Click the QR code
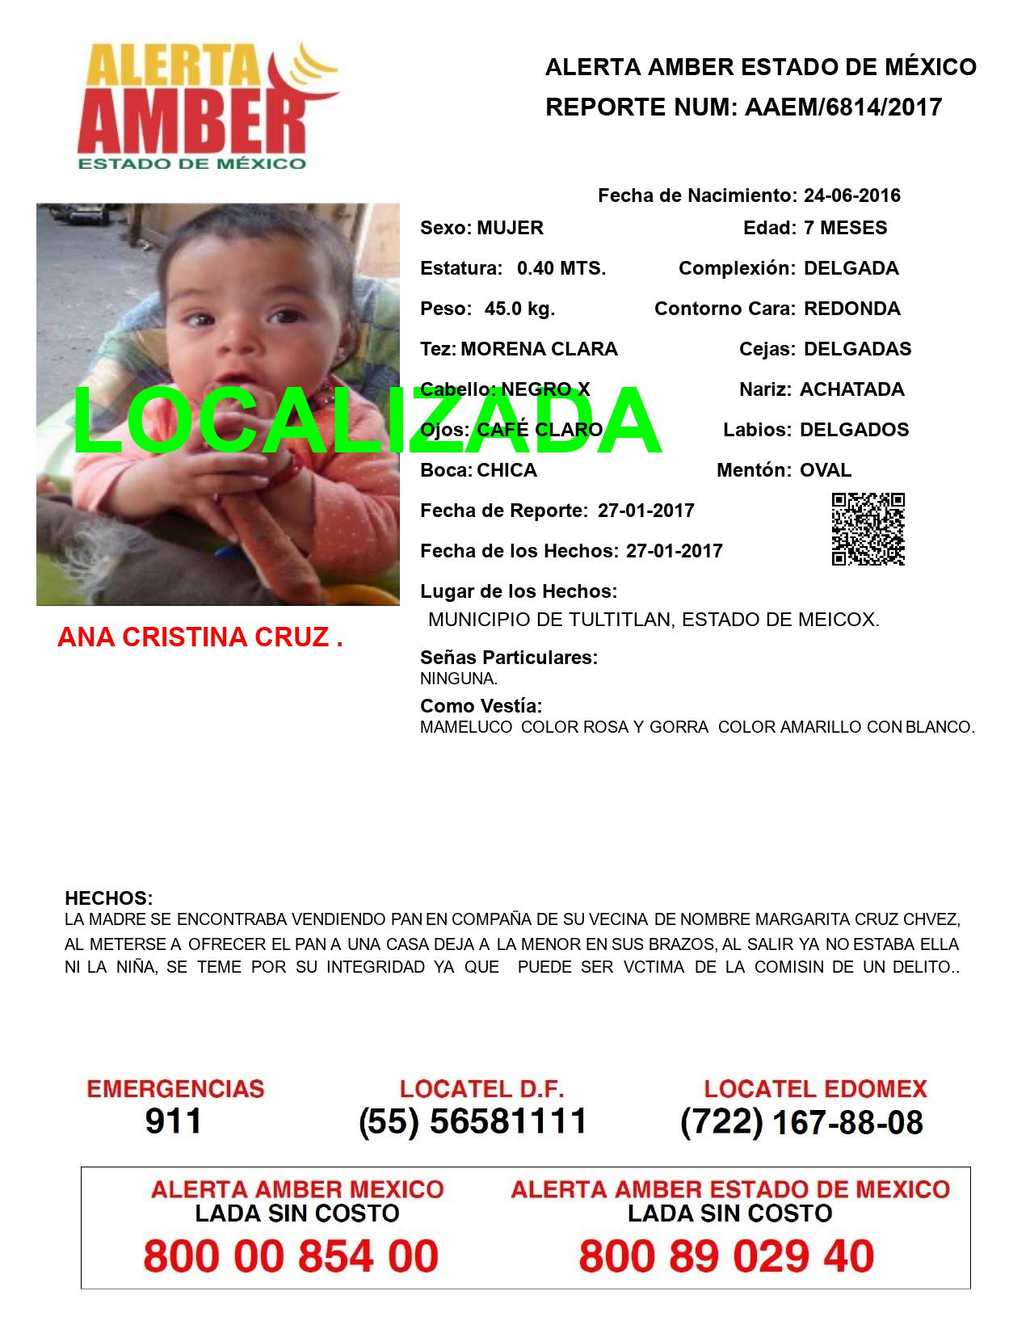868,529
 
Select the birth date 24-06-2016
851,196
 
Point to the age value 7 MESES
845,228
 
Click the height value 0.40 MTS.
561,268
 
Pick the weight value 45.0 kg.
519,309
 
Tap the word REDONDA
851,309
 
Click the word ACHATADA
851,389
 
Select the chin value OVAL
825,470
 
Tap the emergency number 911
174,1121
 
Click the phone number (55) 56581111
473,1121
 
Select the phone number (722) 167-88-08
801,1122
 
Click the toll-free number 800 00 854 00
291,1256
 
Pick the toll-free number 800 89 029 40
726,1256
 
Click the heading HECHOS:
108,898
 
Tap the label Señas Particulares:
509,658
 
